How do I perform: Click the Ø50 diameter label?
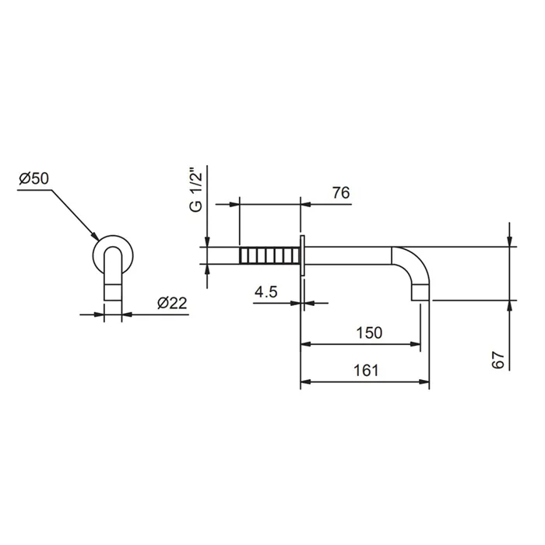[x=33, y=178]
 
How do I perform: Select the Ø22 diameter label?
[x=172, y=303]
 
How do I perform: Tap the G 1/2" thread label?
[x=196, y=190]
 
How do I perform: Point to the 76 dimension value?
[x=341, y=193]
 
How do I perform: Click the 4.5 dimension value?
[x=266, y=292]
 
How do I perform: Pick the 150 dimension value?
[x=369, y=332]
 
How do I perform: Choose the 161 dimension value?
[x=366, y=370]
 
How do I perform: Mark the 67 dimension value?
[x=498, y=360]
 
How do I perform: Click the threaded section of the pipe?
[x=269, y=255]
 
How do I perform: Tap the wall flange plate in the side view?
[x=302, y=255]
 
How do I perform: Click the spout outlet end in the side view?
[x=421, y=293]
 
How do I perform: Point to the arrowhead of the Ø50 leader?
[x=95, y=236]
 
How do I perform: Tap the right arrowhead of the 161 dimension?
[x=424, y=382]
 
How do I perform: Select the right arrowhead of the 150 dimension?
[x=415, y=344]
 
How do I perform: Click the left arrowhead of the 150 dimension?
[x=305, y=344]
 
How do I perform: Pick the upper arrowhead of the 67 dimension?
[x=509, y=241]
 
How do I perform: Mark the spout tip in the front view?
[x=113, y=292]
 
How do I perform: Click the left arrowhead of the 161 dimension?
[x=305, y=382]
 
